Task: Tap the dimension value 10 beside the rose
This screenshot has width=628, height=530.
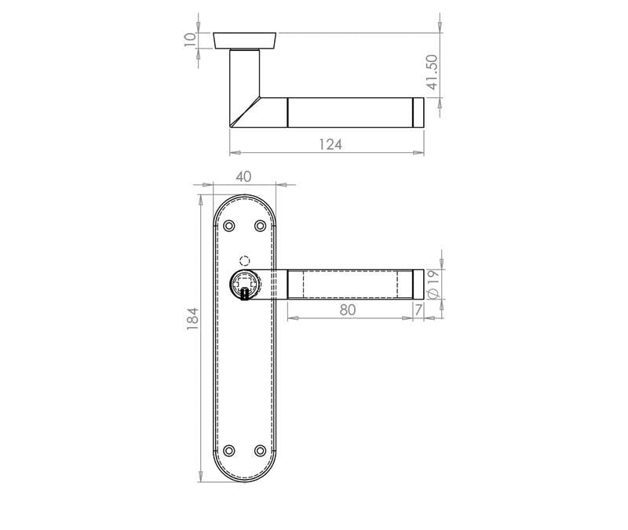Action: coord(189,39)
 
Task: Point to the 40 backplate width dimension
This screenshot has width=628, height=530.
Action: coord(243,177)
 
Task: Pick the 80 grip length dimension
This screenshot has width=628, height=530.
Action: coord(348,310)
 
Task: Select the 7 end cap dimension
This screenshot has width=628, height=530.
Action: coord(418,310)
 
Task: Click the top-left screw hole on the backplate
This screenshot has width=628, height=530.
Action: coord(229,226)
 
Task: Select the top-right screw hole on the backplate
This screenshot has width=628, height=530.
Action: coord(261,226)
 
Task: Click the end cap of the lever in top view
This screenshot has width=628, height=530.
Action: coord(418,111)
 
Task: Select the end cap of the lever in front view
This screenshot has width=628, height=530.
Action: coord(418,284)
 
